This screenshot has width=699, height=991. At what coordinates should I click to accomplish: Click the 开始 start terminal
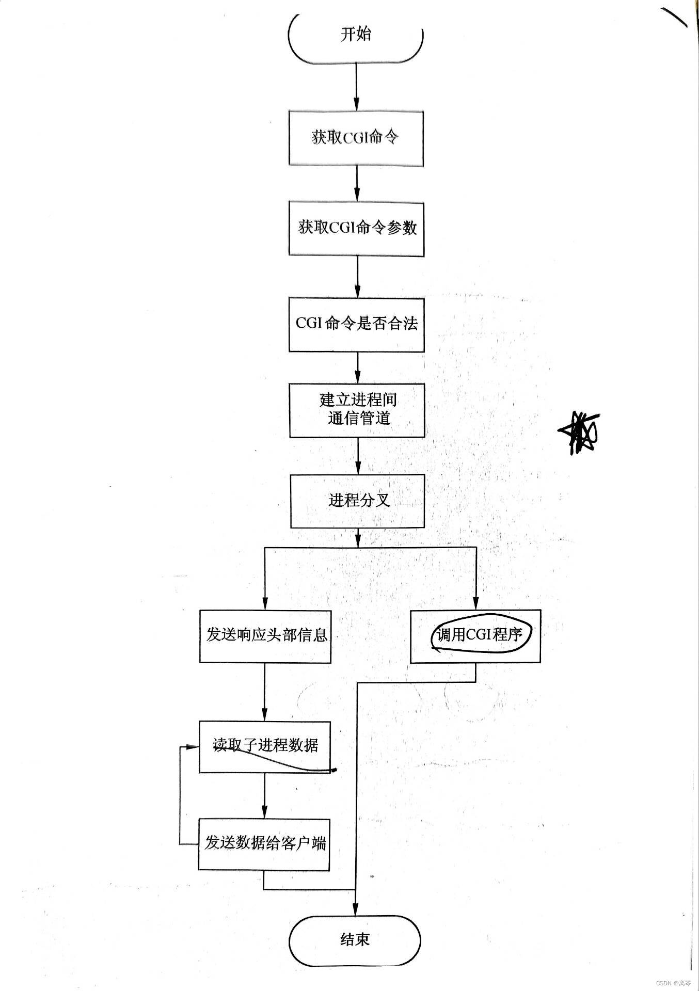coord(356,35)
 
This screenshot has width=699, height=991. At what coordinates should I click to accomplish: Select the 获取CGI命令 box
coord(356,138)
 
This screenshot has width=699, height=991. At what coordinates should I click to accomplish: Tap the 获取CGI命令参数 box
coord(356,228)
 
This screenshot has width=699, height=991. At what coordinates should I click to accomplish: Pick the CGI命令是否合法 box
coord(356,324)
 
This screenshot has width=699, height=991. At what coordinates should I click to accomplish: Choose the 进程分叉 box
coord(357,501)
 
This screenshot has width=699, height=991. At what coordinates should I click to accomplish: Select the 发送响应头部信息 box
coord(265,635)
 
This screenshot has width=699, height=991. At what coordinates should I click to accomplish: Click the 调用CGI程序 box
coord(475,635)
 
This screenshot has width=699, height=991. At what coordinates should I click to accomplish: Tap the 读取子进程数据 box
coord(265,746)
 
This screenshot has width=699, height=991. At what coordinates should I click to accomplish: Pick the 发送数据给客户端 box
coord(264,844)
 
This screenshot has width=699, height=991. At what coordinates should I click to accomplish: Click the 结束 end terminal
coord(355,940)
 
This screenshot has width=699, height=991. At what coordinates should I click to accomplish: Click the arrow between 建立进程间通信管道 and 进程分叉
coord(357,456)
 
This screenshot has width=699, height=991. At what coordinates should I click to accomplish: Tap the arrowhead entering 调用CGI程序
coord(475,603)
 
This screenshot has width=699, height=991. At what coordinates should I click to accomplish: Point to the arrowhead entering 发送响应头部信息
coord(265,603)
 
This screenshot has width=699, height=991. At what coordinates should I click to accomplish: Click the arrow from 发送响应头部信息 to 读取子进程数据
coord(265,692)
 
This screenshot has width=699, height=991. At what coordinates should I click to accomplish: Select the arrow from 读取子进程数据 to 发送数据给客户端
coord(265,795)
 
